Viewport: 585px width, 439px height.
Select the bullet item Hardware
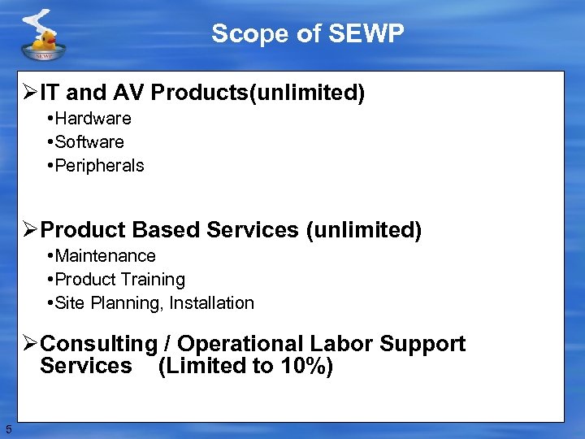click(93, 119)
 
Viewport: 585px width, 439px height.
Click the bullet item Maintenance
click(105, 256)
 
